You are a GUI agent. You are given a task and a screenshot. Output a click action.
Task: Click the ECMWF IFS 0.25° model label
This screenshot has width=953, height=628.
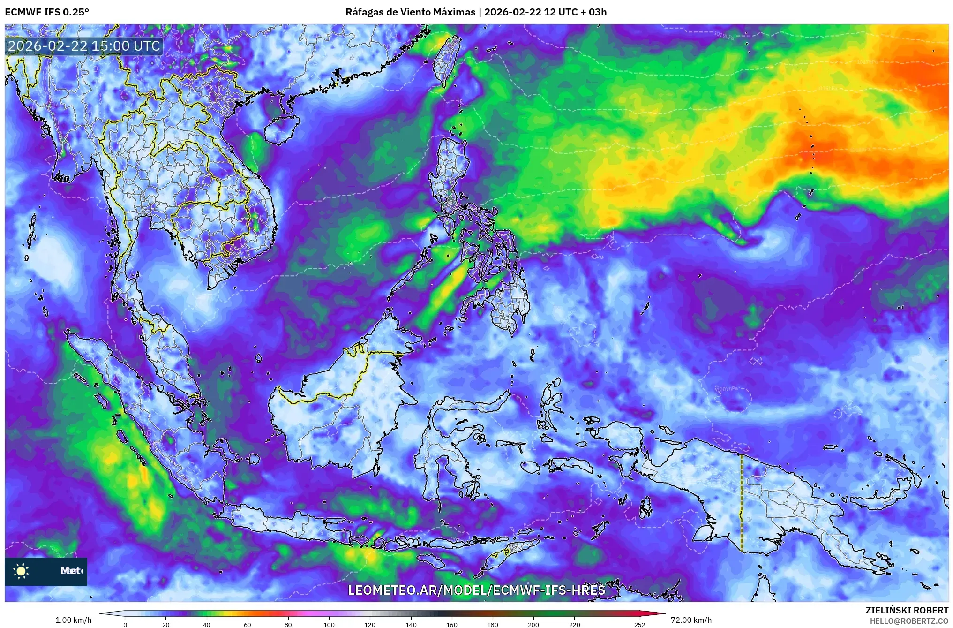point(47,12)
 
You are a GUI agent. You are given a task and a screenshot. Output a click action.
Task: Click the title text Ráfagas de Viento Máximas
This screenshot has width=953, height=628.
point(410,12)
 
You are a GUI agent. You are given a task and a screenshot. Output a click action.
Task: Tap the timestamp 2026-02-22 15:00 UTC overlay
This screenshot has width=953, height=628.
point(84,46)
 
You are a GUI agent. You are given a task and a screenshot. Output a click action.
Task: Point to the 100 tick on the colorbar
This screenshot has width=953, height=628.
point(329,624)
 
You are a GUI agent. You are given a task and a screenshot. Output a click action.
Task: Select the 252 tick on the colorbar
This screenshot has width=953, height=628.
point(639,624)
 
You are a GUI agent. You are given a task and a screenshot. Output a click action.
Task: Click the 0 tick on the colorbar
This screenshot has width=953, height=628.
point(125,624)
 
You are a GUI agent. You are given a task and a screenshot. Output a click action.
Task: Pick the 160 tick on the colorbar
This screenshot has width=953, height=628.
point(451,624)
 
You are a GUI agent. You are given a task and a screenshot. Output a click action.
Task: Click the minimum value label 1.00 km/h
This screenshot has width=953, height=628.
point(74,620)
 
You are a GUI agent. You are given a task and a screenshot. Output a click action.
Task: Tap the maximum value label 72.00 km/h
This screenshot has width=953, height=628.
point(691,620)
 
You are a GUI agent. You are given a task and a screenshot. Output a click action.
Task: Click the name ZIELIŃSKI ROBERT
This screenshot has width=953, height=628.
point(907,610)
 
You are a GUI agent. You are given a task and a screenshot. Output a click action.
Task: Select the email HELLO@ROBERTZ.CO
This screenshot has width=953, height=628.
point(909,620)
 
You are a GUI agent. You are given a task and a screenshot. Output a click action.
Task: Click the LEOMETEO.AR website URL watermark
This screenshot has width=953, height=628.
point(476,590)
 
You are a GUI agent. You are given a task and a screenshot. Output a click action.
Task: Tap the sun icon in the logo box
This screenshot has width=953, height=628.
point(21,571)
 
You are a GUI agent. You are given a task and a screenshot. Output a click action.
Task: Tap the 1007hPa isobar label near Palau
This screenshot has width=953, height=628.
point(728,389)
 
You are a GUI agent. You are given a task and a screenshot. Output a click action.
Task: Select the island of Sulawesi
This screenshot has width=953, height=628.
point(443,450)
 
